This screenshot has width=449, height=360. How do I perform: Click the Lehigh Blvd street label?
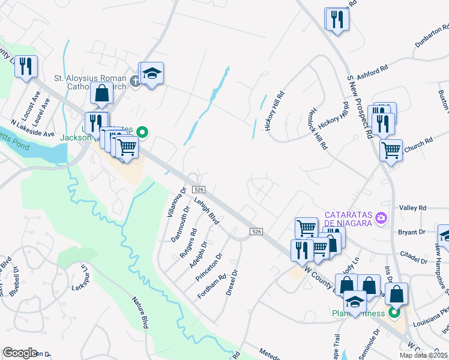point(205,212)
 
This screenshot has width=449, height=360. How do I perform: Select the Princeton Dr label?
point(208,267)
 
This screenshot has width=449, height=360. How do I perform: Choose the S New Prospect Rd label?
point(358,106)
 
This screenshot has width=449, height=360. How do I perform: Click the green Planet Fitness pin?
point(394,312)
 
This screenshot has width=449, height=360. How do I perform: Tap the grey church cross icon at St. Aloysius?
point(135,80)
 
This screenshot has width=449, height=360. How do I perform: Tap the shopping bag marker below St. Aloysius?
point(102,93)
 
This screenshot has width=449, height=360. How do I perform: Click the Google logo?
point(20,352)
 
